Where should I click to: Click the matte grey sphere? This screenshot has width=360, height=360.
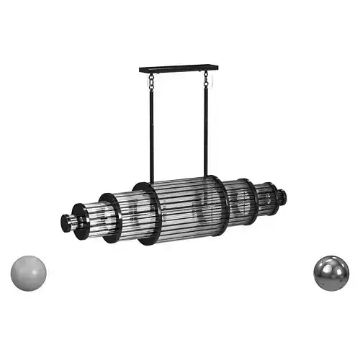(29, 272)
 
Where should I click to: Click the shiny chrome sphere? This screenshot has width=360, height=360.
(331, 272)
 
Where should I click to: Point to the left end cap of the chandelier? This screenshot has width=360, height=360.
(66, 222)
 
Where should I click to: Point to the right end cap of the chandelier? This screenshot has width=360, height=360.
(283, 194)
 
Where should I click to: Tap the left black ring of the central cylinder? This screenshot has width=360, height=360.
(148, 214)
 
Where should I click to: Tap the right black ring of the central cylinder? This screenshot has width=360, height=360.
(220, 201)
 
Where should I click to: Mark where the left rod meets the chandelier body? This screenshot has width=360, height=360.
(152, 183)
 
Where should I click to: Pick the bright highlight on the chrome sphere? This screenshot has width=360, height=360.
(326, 266)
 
